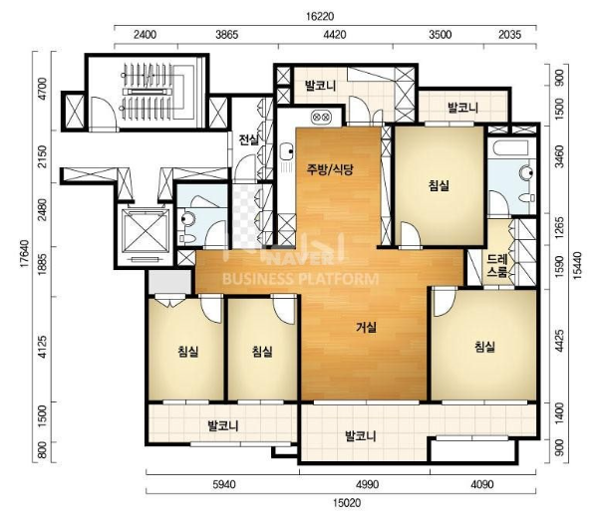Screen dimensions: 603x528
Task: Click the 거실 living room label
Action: pos(366,328)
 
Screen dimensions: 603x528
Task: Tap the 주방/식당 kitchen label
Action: pos(330,169)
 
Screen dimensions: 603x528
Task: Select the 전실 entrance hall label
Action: pos(249,139)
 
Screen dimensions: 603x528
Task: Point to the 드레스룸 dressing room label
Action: pos(497,265)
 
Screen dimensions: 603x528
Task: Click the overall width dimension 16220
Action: pos(320,17)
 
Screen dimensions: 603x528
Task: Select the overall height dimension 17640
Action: pos(25,254)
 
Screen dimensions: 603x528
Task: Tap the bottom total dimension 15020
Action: pos(347,503)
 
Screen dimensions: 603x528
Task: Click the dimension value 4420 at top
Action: pos(335,35)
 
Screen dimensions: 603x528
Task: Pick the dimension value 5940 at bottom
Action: pos(224,484)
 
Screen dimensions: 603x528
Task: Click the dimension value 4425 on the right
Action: pos(560,341)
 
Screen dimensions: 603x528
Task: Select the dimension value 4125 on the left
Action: pos(42,347)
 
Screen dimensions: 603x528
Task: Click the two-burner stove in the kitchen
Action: pos(320,116)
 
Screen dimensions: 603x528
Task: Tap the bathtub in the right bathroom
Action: pos(511,148)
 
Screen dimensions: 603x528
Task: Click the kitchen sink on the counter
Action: pos(285,152)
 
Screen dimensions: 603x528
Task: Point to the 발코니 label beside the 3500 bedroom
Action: pos(463,108)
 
